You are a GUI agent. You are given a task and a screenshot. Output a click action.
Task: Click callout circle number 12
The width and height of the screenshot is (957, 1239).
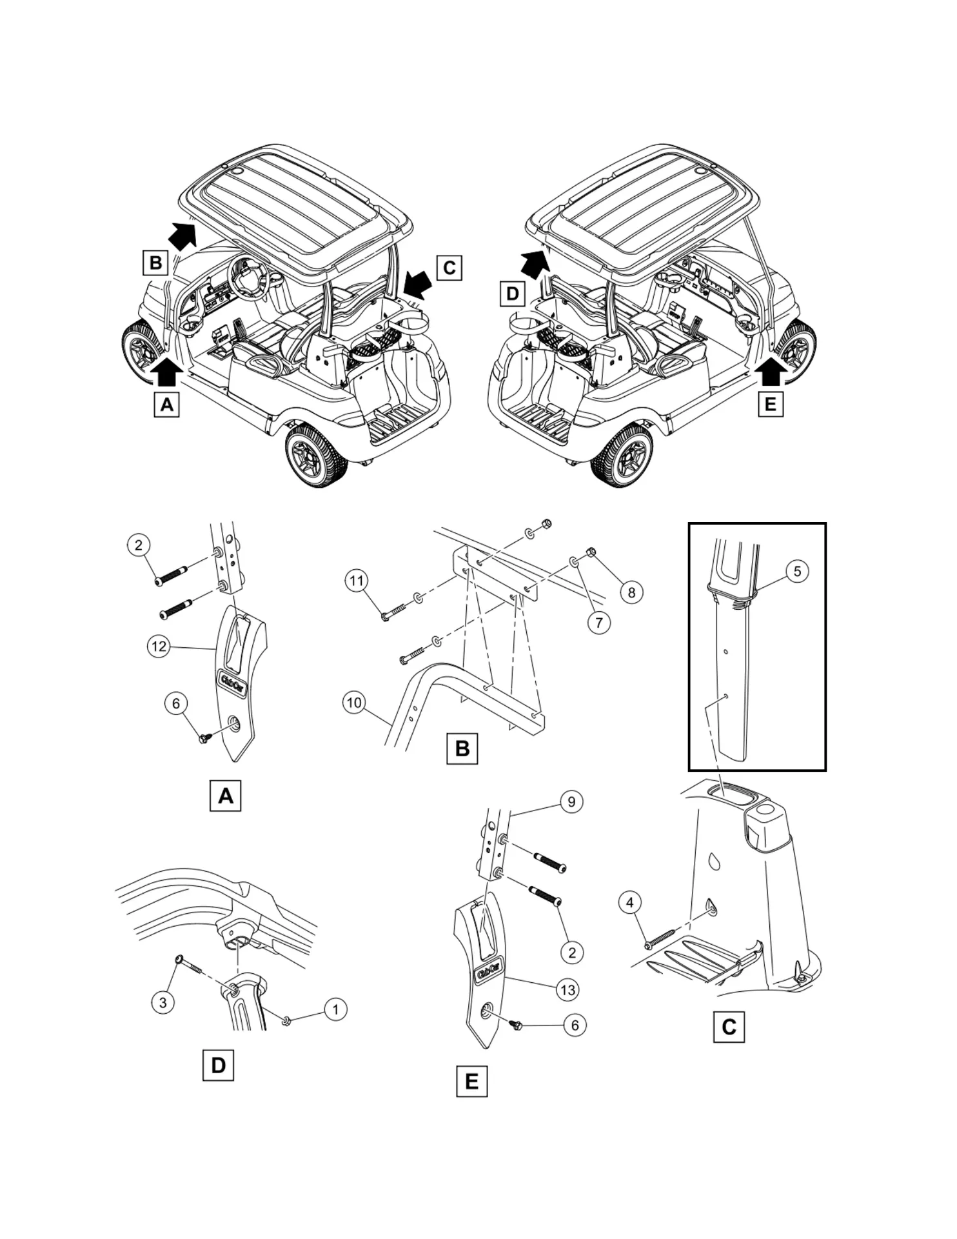(x=159, y=646)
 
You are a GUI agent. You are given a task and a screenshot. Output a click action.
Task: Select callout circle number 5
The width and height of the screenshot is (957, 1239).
(x=797, y=571)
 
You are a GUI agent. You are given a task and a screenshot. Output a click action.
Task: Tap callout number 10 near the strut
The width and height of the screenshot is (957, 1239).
(x=355, y=702)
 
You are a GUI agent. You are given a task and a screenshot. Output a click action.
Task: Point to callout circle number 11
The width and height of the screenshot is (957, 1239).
(x=357, y=581)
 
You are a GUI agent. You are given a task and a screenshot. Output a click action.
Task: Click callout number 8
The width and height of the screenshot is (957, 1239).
(x=631, y=592)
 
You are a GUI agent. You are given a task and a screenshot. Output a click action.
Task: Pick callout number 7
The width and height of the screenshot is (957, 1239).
(x=599, y=622)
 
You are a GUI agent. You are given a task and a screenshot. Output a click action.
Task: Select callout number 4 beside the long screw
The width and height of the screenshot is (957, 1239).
(x=630, y=902)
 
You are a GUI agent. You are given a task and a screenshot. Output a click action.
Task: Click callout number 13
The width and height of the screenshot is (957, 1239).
(x=567, y=989)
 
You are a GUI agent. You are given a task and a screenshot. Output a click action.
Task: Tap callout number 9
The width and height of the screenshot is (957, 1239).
(x=571, y=801)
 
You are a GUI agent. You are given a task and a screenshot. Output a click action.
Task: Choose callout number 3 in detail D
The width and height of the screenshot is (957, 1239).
(x=163, y=1002)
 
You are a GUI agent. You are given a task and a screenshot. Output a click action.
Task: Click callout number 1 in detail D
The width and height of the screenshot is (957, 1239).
(x=335, y=1009)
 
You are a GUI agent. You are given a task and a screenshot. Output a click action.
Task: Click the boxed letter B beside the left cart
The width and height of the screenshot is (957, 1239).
(x=155, y=263)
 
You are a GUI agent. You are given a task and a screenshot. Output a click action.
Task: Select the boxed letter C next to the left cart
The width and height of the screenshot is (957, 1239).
(x=449, y=267)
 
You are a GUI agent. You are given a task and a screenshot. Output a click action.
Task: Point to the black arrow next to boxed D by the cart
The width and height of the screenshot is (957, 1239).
(x=534, y=263)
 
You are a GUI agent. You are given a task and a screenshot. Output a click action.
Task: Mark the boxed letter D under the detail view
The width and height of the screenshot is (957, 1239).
(x=218, y=1065)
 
